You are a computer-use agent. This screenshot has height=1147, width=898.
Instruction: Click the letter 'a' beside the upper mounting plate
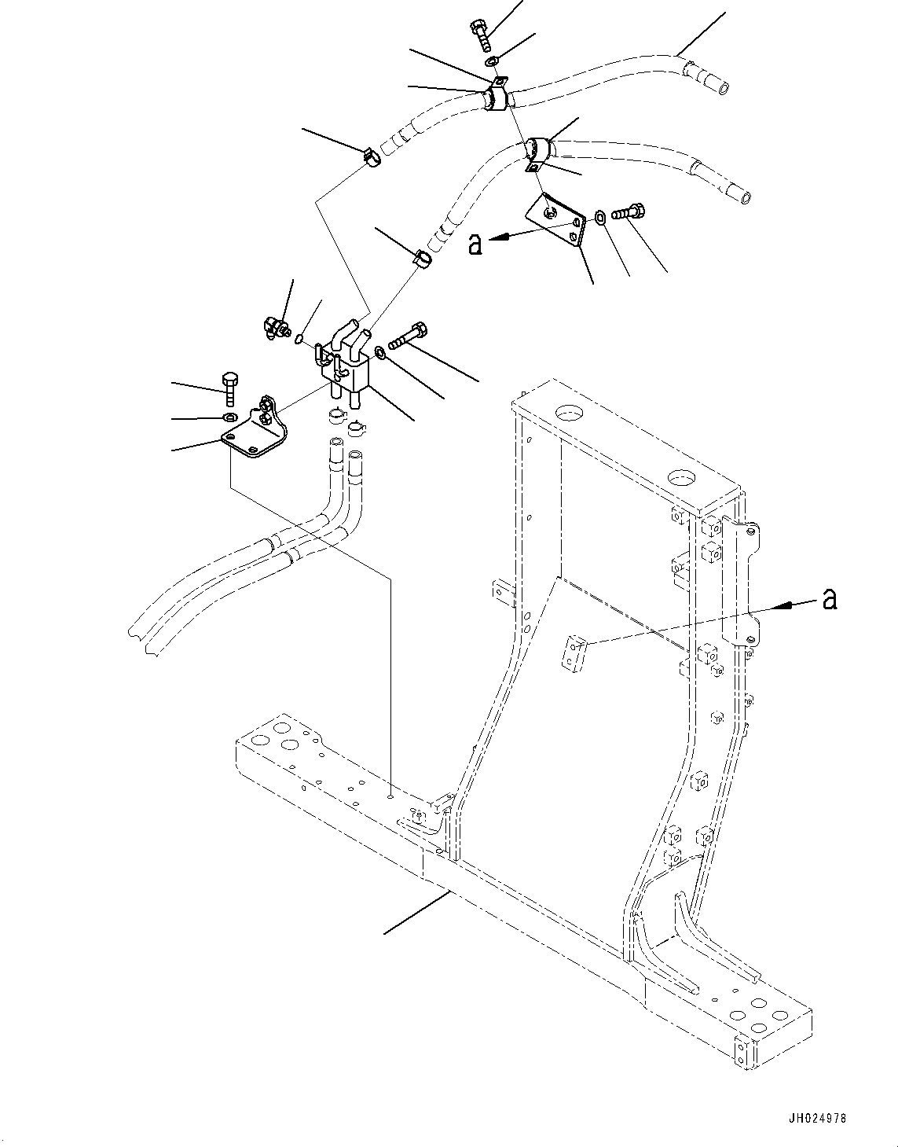(475, 244)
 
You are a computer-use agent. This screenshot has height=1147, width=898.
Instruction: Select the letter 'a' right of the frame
(828, 600)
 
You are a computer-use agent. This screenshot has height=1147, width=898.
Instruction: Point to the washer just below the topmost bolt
(491, 61)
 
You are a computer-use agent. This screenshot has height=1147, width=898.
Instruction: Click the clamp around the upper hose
(494, 99)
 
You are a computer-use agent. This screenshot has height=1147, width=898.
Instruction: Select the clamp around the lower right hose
(536, 150)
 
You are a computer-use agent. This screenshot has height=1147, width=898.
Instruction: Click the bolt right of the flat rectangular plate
(626, 211)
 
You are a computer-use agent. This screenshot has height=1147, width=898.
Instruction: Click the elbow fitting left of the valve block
(272, 326)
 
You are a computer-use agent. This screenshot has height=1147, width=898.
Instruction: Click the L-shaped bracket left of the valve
(254, 432)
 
